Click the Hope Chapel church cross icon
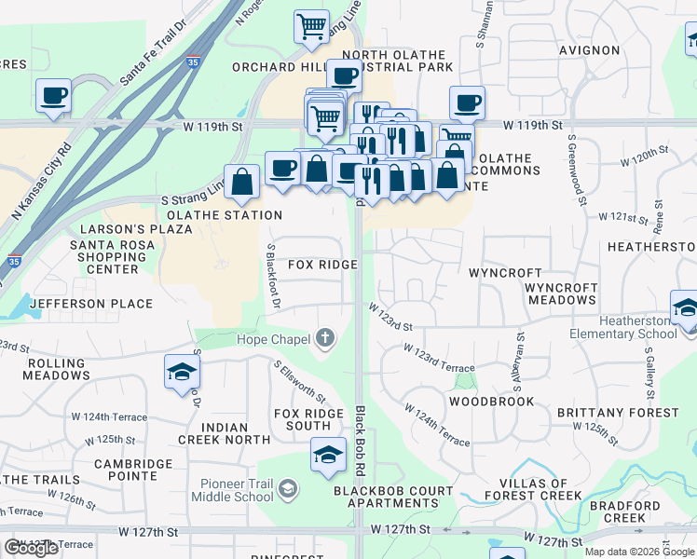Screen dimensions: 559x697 (325, 338)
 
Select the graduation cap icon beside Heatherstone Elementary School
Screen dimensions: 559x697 (685, 307)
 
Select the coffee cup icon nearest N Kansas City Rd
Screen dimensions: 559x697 (53, 95)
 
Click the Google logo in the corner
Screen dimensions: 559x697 (31, 548)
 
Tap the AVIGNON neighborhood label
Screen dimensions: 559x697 (590, 49)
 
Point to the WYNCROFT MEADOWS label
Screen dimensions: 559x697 (561, 293)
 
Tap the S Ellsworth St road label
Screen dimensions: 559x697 (300, 382)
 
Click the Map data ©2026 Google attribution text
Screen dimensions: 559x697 (639, 552)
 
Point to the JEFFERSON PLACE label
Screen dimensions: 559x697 (90, 304)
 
